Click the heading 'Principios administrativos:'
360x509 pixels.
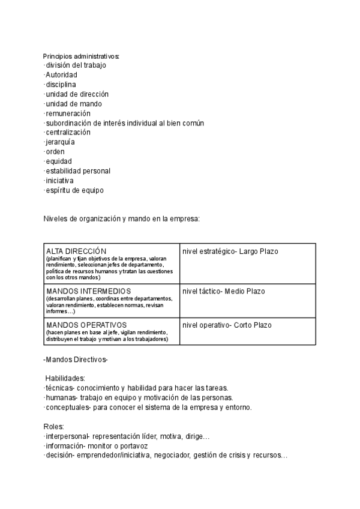click(81, 56)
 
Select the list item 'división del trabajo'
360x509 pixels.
click(76, 65)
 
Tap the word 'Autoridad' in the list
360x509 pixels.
click(61, 75)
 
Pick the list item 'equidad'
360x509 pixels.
click(58, 161)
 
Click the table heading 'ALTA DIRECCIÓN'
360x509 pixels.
click(76, 251)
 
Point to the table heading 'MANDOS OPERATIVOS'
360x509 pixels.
click(82, 325)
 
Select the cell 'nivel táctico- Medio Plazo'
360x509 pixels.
click(224, 292)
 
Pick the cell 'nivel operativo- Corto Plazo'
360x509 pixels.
click(227, 325)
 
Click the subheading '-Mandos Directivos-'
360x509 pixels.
click(76, 359)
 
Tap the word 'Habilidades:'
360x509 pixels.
click(65, 378)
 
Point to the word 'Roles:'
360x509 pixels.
click(53, 426)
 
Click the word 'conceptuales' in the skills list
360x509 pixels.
click(67, 407)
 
